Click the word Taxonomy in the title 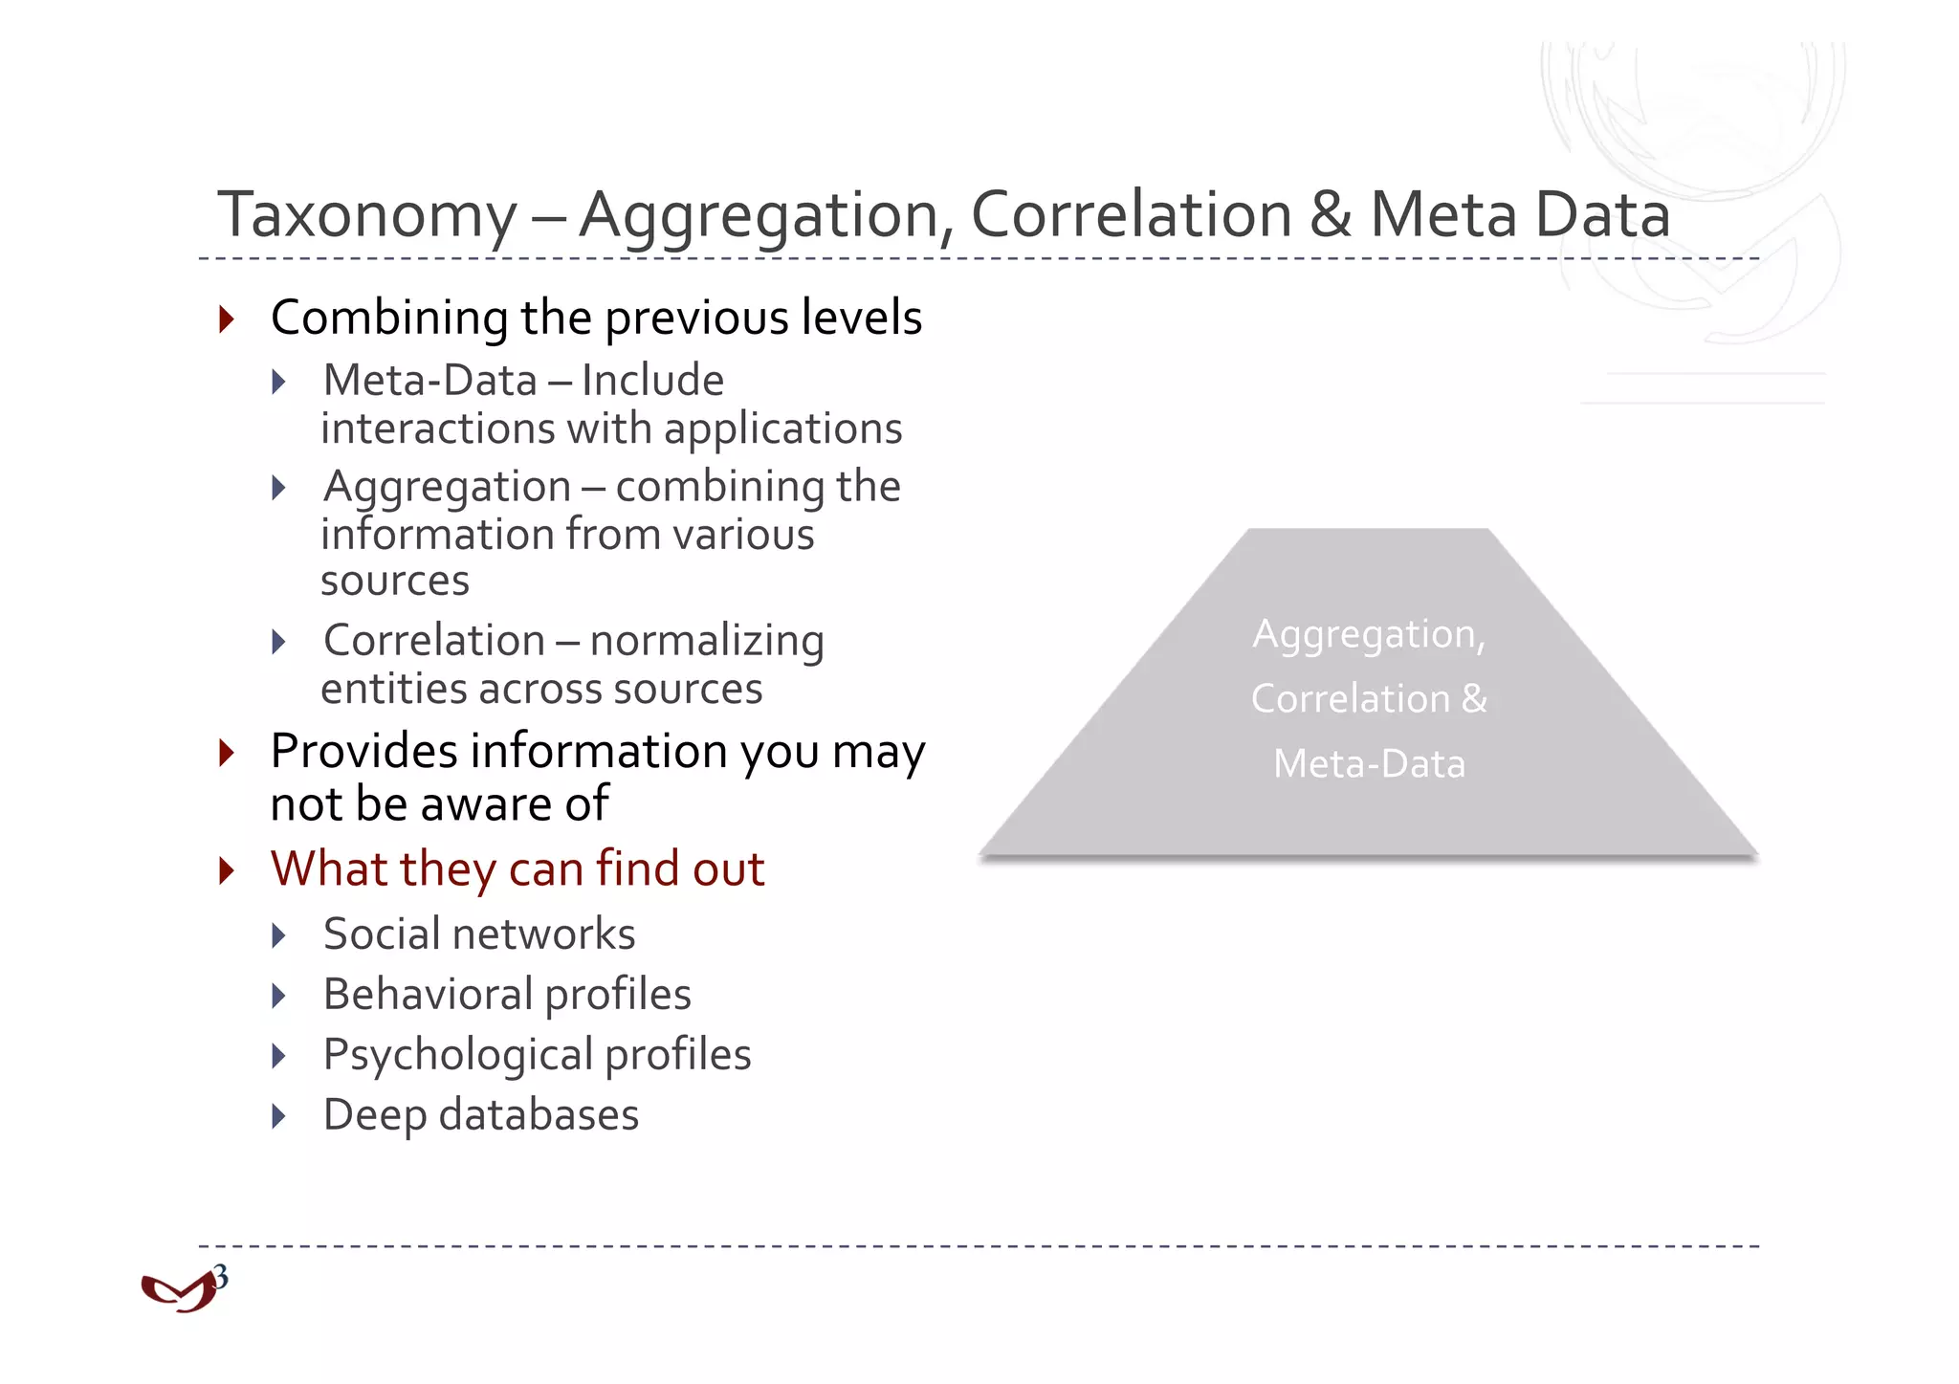[367, 216]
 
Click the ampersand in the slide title [1331, 214]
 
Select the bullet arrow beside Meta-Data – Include [278, 383]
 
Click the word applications [782, 429]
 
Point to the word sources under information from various [395, 582]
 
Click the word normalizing [707, 641]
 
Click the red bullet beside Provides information [227, 752]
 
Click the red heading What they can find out [517, 869]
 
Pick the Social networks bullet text [479, 934]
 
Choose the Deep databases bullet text [481, 1115]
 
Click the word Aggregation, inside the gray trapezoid [1369, 635]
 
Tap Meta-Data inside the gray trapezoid [1369, 764]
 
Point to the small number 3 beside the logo [221, 1276]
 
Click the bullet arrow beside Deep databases [278, 1116]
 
